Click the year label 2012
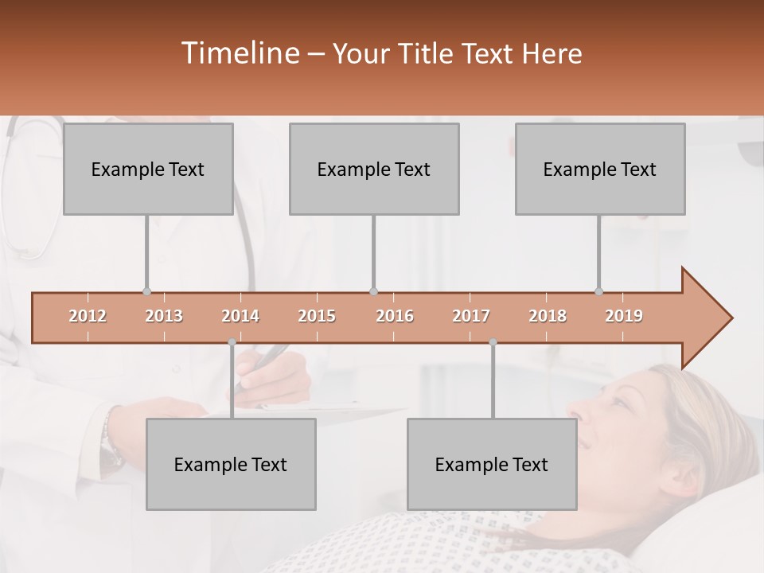point(88,316)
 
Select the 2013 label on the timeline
point(164,316)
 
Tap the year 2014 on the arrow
point(240,316)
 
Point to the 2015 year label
point(317,316)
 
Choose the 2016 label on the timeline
point(395,316)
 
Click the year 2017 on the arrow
point(471,316)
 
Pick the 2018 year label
point(548,316)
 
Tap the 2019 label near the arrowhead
point(624,316)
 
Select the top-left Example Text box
point(148,169)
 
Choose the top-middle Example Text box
point(374,169)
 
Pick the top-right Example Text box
point(600,169)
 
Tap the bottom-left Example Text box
point(231,464)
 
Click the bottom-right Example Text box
point(492,464)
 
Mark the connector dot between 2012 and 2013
point(146,292)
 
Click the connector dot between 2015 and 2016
point(374,292)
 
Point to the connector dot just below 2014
point(232,342)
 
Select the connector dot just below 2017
point(493,342)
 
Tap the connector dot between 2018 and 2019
point(599,292)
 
